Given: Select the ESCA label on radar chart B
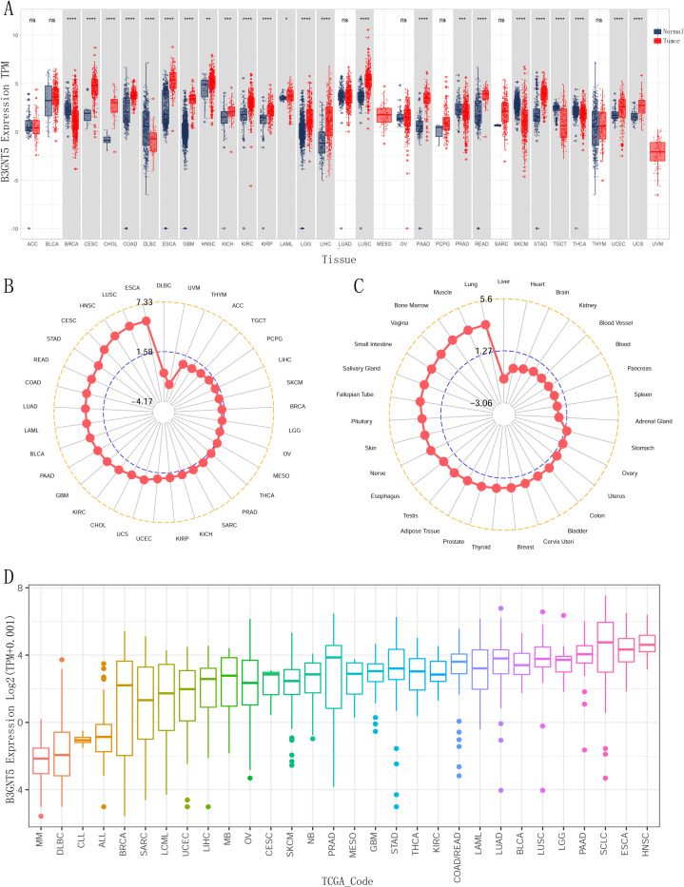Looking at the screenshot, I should pyautogui.click(x=133, y=287).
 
